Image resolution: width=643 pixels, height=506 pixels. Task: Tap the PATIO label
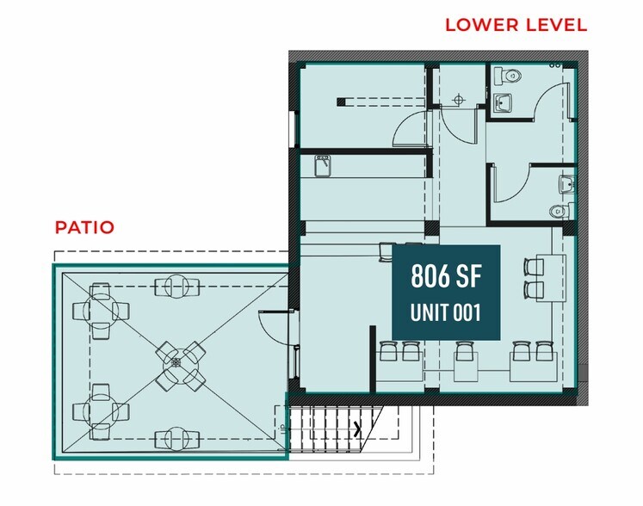(x=84, y=227)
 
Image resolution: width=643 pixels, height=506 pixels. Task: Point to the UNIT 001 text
(x=446, y=313)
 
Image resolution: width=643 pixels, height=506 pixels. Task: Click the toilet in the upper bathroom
(x=507, y=77)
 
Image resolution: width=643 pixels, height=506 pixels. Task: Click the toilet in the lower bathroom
(x=563, y=211)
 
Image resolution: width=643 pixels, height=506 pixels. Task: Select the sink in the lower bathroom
(x=567, y=185)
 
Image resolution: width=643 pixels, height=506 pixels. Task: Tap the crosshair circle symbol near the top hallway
(x=458, y=100)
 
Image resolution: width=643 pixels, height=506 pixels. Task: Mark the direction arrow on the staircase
(x=358, y=429)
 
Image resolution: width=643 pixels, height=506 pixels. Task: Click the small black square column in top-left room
(x=341, y=102)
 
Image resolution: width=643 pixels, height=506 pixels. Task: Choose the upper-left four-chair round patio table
(x=101, y=311)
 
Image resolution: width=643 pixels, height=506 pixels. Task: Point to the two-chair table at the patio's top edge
(x=177, y=287)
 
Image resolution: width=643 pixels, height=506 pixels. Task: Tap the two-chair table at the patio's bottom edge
(x=177, y=439)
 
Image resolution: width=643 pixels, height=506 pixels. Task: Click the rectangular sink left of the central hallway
(x=323, y=166)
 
